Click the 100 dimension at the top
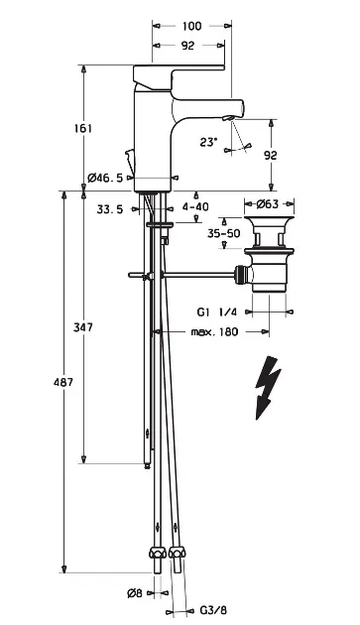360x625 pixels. tap(191, 27)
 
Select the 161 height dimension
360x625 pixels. tap(83, 128)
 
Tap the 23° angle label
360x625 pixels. tap(208, 142)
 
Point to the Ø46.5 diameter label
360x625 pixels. tap(105, 178)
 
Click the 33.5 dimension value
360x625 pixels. tap(110, 209)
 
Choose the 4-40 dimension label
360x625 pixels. tap(195, 207)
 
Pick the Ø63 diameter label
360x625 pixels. tap(268, 204)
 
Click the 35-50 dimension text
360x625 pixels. tap(224, 233)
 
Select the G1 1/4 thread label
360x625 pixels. tap(217, 312)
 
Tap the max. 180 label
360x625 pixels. tap(214, 331)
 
